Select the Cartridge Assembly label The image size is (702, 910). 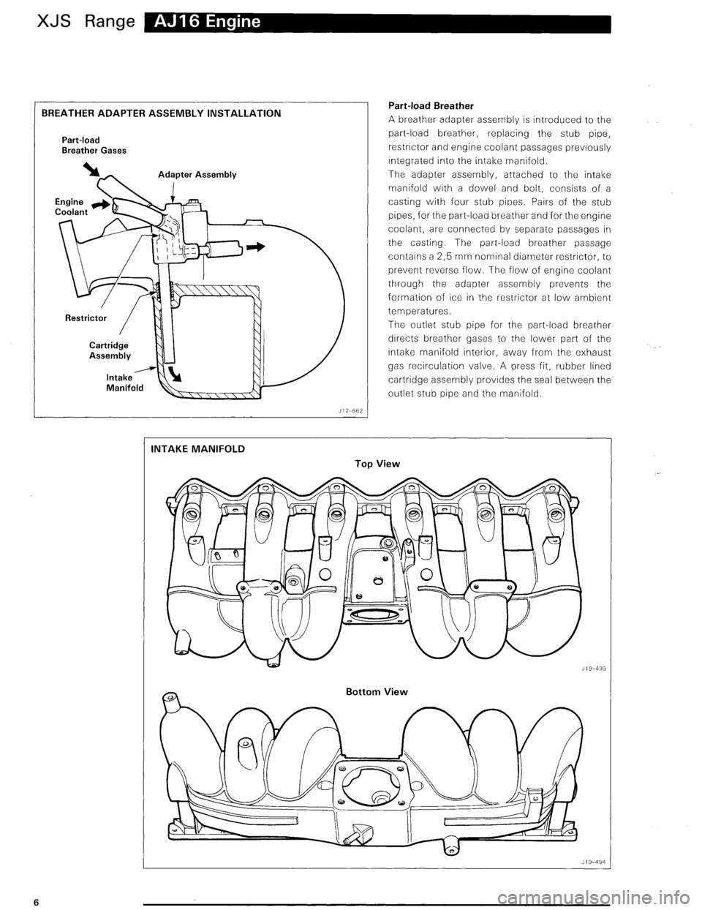[110, 350]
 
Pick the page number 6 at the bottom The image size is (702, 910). [15, 900]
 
